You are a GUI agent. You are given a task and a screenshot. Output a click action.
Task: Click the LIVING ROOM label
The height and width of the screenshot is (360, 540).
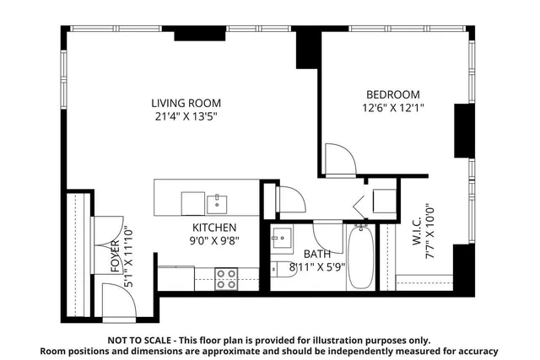tap(181, 104)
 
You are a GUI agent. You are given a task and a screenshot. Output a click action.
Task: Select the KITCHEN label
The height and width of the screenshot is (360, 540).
tap(213, 228)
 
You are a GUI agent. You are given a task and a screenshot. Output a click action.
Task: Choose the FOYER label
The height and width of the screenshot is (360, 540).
tap(115, 255)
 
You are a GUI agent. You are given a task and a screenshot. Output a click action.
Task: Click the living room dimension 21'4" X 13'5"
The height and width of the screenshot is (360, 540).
tap(181, 117)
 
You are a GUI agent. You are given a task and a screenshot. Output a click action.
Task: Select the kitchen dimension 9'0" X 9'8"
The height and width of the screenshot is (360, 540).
tap(213, 240)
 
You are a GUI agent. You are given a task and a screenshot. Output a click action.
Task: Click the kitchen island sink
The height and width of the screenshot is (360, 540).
tap(218, 201)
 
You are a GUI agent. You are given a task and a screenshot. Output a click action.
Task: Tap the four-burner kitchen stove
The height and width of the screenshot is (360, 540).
tap(225, 278)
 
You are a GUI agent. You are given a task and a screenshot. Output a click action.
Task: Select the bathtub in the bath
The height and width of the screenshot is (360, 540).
tap(360, 256)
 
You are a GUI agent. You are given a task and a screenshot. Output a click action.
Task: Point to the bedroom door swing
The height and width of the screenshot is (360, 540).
tap(337, 160)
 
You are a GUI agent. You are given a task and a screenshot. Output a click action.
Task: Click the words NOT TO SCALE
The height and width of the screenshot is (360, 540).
tap(140, 340)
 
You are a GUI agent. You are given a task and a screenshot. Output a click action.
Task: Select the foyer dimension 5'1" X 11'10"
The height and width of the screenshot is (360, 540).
tap(127, 255)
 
